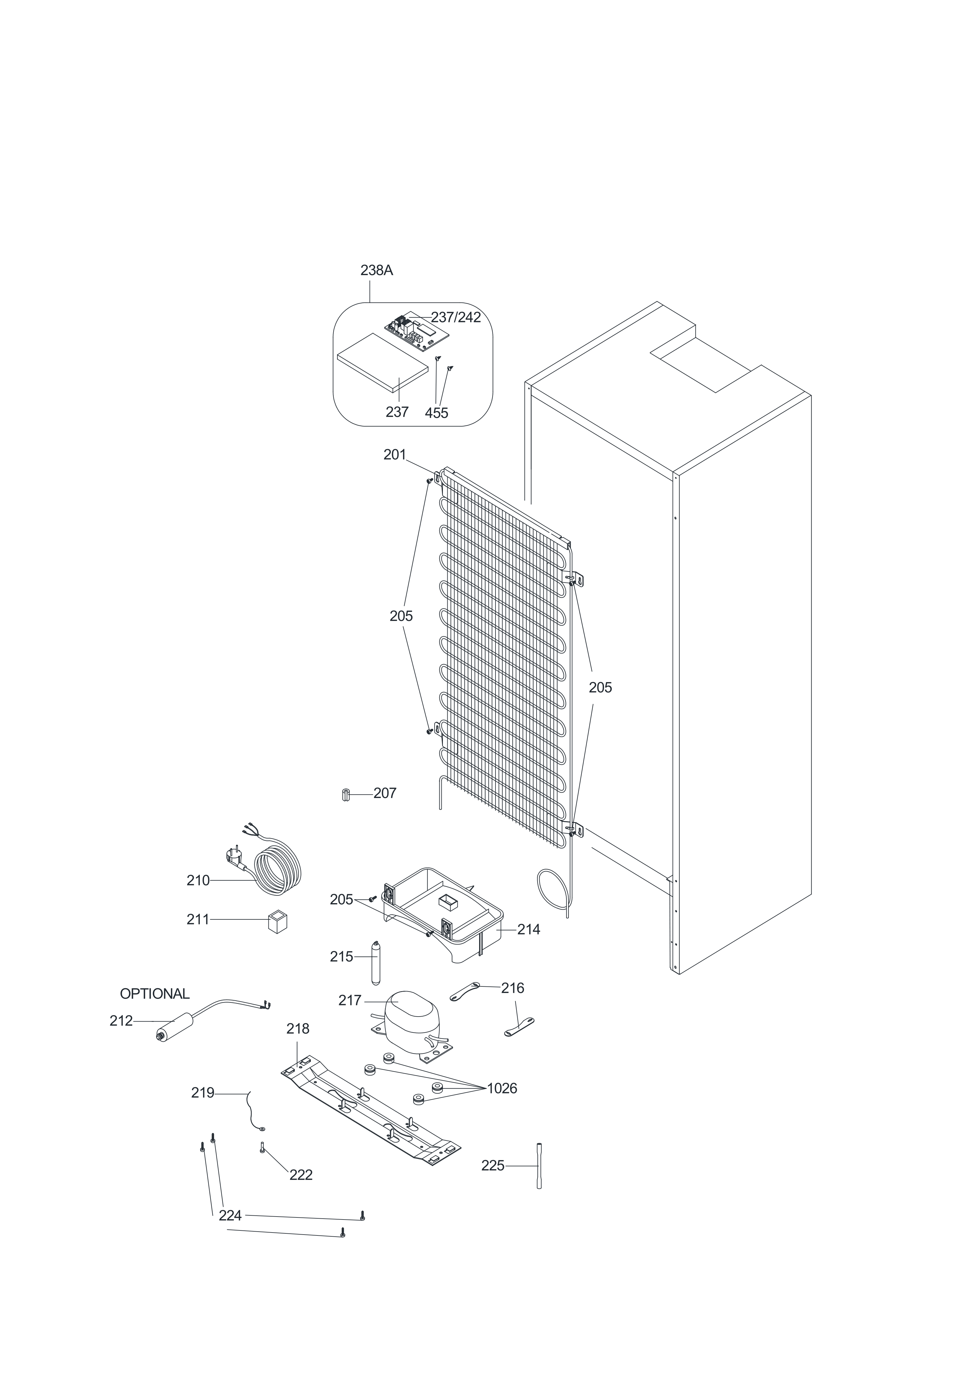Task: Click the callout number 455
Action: [x=437, y=413]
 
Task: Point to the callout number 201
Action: [x=395, y=455]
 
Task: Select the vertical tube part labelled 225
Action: [x=539, y=1166]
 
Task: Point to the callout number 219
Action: [x=203, y=1092]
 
